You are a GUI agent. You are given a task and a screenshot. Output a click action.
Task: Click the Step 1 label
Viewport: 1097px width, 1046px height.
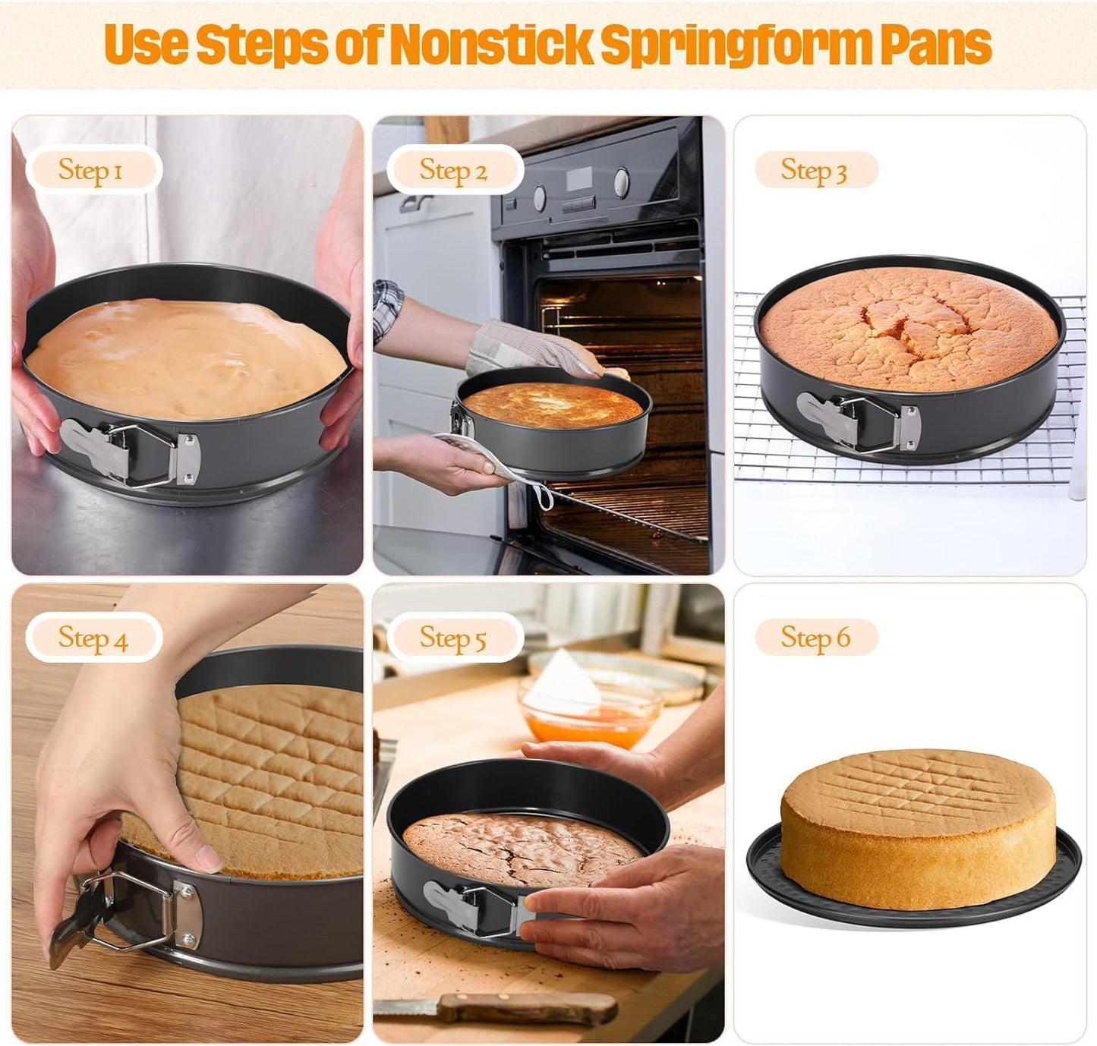pos(91,170)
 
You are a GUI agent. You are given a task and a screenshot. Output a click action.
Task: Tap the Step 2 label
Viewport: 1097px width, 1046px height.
pos(453,170)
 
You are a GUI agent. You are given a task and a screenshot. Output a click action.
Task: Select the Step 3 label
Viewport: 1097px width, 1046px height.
pos(814,170)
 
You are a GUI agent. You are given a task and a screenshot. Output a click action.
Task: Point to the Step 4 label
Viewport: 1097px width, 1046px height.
pos(93,638)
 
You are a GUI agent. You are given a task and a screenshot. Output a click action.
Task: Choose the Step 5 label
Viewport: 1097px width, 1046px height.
pos(453,638)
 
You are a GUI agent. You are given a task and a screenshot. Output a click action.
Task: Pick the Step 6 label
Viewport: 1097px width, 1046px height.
pos(815,638)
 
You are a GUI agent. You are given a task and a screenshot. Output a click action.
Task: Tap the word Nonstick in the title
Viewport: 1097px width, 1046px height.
pos(490,44)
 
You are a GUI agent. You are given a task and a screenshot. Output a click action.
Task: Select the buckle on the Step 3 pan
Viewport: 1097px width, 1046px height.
pos(858,419)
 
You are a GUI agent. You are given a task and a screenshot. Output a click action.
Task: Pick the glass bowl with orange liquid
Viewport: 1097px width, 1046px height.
pos(588,714)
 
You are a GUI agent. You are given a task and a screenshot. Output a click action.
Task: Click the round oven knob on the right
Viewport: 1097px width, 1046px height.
pos(622,181)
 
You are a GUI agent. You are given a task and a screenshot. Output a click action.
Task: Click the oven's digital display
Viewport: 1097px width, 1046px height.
pos(579,179)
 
